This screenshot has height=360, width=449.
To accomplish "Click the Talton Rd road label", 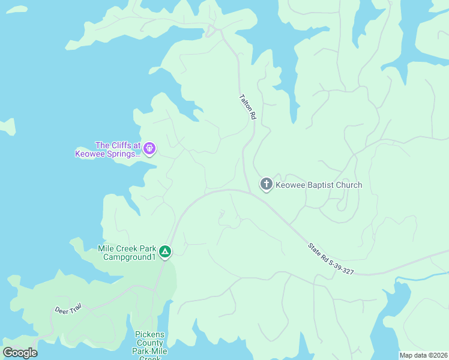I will pos(247,107).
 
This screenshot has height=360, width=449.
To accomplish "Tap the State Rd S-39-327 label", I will pos(331,259).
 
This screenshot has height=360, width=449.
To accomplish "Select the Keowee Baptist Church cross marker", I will pos(267,184).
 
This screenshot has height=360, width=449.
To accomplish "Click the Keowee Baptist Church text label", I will pos(319,185).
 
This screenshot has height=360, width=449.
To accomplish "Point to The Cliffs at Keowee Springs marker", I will pos(149,148).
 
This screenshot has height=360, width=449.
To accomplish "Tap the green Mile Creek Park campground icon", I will pos(166,252).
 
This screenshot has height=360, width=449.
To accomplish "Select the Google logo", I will pos(20,353).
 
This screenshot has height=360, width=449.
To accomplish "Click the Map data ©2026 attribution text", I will pos(423,355).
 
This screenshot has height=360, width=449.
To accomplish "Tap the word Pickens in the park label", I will pos(150,334).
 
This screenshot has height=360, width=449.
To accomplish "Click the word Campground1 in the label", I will pos(130,257).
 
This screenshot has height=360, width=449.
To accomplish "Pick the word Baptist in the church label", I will pos(321,185).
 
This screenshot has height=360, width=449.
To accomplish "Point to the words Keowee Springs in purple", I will pos(107,154).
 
